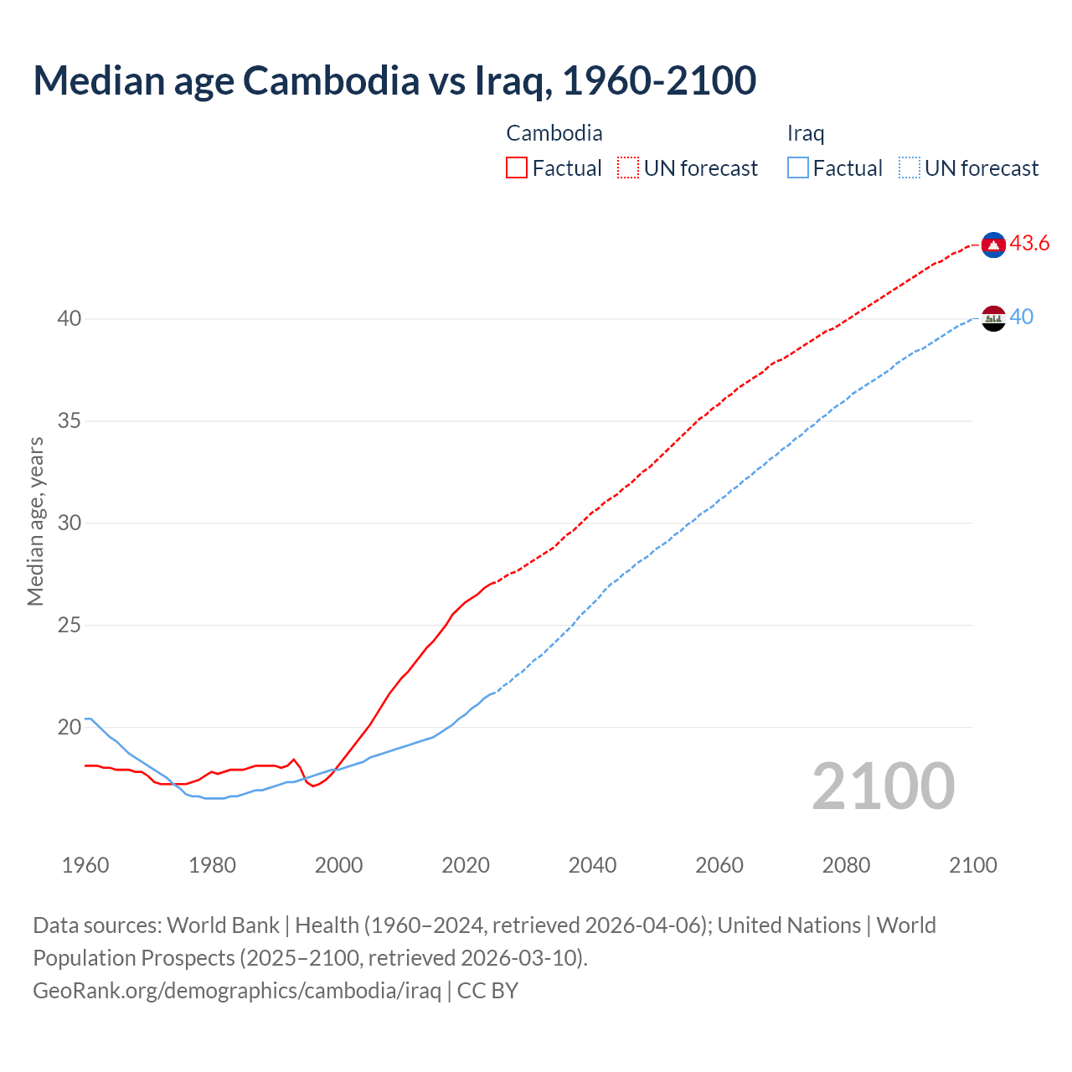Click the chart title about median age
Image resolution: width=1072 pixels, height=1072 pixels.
[x=394, y=80]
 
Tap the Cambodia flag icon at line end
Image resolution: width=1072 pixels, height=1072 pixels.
[x=993, y=245]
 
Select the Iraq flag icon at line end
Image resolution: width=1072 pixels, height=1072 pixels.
[x=993, y=318]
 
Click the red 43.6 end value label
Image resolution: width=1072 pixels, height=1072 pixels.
[x=1029, y=244]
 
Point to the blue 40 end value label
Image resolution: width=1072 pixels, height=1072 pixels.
[x=1022, y=317]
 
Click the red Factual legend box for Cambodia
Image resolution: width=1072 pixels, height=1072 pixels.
[x=517, y=168]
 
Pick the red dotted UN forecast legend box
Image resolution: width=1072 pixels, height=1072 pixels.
[x=628, y=168]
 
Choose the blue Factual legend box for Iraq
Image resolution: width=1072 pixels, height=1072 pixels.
[x=798, y=168]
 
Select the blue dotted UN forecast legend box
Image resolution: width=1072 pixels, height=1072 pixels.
[x=909, y=168]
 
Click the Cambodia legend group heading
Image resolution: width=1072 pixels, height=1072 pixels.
[x=554, y=133]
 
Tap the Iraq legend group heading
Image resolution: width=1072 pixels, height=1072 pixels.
[x=805, y=133]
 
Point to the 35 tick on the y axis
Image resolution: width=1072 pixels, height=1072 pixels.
[x=70, y=420]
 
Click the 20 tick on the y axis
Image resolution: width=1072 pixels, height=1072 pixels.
[x=70, y=727]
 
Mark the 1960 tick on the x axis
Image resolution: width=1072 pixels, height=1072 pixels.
[x=85, y=865]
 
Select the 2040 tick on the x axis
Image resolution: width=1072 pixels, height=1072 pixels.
[x=592, y=865]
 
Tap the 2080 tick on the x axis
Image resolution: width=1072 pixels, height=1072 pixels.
[x=846, y=865]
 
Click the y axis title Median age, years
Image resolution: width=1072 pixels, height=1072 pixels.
[x=35, y=521]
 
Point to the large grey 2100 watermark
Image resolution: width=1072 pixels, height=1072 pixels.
[x=883, y=786]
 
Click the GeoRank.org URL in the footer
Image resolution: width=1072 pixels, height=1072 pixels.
[x=237, y=991]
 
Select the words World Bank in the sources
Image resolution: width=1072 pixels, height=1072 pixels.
[x=223, y=925]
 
